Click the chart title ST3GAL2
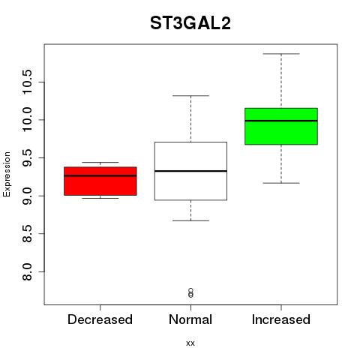pos(190,23)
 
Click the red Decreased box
pos(100,181)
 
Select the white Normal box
pos(190,171)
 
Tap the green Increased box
pos(281,126)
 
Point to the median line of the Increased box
pos(281,121)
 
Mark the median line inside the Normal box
pos(190,171)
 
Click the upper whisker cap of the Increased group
pos(281,54)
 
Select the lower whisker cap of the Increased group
pos(281,183)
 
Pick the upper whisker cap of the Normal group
pos(190,95)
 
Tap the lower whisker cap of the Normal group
pos(190,220)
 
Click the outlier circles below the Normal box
pos(190,293)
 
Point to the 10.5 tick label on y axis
pos(27,82)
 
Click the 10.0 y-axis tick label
pos(27,120)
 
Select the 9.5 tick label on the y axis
pos(27,157)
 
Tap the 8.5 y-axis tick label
pos(27,234)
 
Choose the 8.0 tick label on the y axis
pos(27,271)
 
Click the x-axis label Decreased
pos(100,319)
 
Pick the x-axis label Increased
pos(281,319)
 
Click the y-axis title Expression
pos(7,174)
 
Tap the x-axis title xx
pos(190,343)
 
